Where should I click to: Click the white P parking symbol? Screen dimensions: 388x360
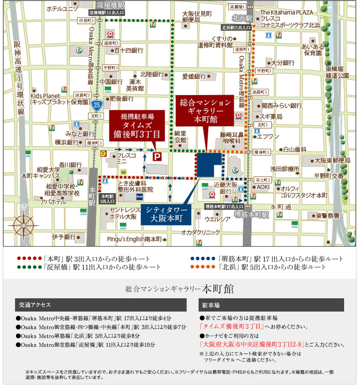pos(157,156)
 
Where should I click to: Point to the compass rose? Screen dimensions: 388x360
pos(23,224)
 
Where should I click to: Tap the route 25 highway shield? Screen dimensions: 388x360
pos(97,105)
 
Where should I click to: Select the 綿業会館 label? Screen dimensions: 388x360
pos(180,136)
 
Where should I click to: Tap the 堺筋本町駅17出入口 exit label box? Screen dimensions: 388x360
pos(224,206)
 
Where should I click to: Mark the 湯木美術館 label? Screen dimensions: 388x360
pos(135,85)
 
